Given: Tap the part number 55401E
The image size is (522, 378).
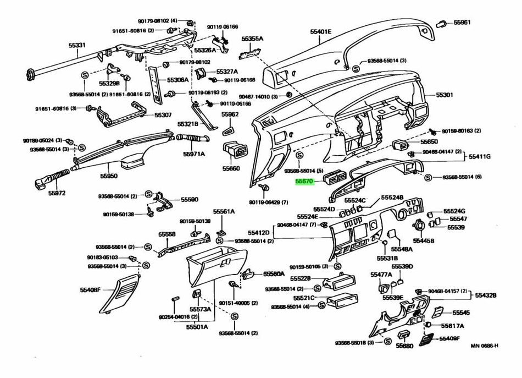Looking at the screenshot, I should point(321,32).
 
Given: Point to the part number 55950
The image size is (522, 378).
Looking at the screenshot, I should point(109,177).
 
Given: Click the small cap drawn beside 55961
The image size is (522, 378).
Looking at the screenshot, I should point(441,23).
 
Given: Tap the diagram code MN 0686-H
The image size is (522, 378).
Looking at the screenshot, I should point(484,346).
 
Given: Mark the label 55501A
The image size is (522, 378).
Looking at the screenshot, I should point(197,326).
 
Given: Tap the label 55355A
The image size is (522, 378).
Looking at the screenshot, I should point(252,39).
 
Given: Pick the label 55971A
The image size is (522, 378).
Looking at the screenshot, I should point(193,154).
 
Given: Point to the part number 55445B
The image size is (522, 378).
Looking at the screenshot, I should point(424,241).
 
